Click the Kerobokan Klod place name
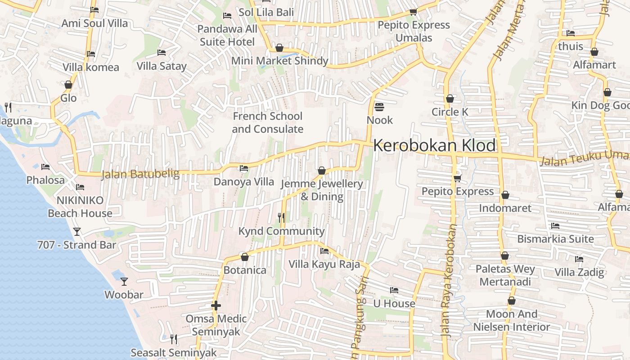434,146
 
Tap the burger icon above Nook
379,107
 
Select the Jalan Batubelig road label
140,174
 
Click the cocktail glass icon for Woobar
124,282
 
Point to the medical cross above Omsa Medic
216,306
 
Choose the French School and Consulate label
268,123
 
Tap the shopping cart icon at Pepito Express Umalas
413,12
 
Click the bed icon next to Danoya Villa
244,169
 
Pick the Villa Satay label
162,66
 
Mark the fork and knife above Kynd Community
281,218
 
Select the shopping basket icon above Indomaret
505,195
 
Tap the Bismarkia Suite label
555,239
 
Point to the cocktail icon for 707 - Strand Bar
77,232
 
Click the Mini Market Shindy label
279,61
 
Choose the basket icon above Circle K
450,99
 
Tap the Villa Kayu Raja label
324,264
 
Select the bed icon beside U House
394,290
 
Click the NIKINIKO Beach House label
80,207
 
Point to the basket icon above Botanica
245,257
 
